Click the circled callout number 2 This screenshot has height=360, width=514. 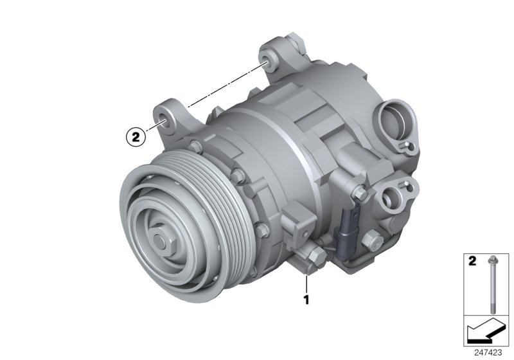pos(134,136)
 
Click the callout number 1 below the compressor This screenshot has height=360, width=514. pos(307,299)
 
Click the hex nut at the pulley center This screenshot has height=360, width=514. pos(160,242)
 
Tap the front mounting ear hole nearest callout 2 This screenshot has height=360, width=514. pos(164,118)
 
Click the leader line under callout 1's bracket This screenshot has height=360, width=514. pos(307,283)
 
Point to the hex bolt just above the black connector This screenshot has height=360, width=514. pos(359,192)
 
